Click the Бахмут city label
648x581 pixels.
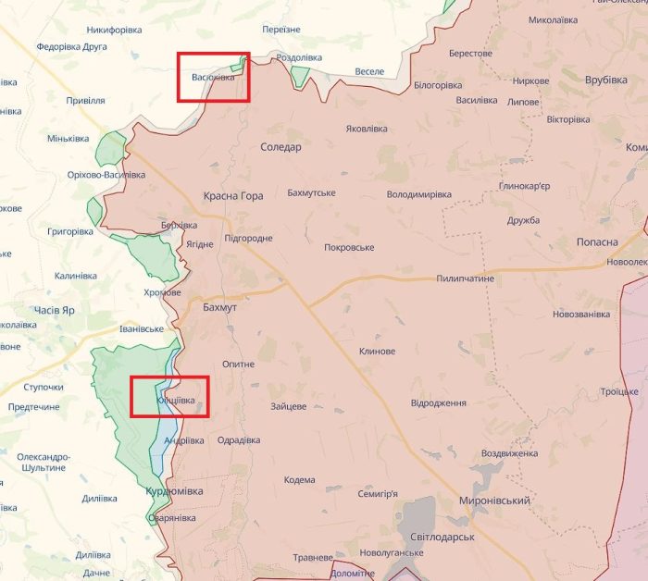(219, 305)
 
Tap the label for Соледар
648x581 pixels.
(280, 147)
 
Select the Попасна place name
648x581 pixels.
(600, 241)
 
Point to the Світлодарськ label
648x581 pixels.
(443, 537)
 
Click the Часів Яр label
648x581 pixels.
(54, 310)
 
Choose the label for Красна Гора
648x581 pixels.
(233, 196)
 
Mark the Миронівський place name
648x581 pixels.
(494, 501)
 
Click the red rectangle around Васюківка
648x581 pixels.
(214, 77)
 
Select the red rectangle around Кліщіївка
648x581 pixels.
(169, 397)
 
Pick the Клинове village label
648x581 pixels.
(377, 352)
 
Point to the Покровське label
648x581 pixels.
(349, 248)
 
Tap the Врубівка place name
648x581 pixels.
(606, 80)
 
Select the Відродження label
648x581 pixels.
(438, 403)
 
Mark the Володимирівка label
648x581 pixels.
(418, 195)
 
